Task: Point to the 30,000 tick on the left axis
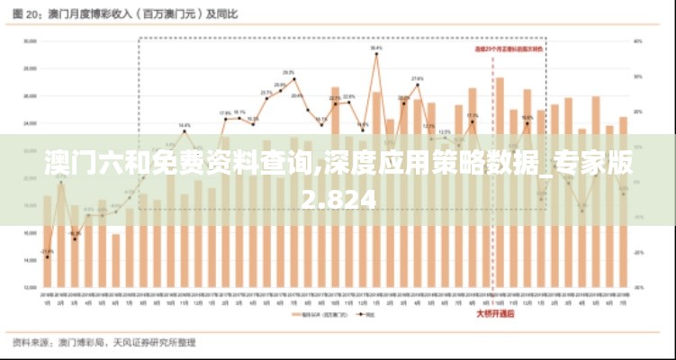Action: tap(29, 40)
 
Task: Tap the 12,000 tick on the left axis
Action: tap(29, 287)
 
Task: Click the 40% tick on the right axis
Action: tap(636, 40)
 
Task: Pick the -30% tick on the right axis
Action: tap(637, 287)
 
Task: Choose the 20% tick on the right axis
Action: tap(636, 112)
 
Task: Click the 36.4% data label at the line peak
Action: tap(376, 48)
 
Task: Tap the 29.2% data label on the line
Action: tap(288, 72)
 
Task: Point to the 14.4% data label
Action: tap(184, 125)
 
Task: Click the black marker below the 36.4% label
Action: tap(376, 55)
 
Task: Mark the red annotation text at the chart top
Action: tap(509, 49)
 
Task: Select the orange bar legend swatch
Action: tap(293, 315)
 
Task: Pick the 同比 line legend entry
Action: tap(365, 315)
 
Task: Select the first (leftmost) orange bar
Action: tap(47, 242)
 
